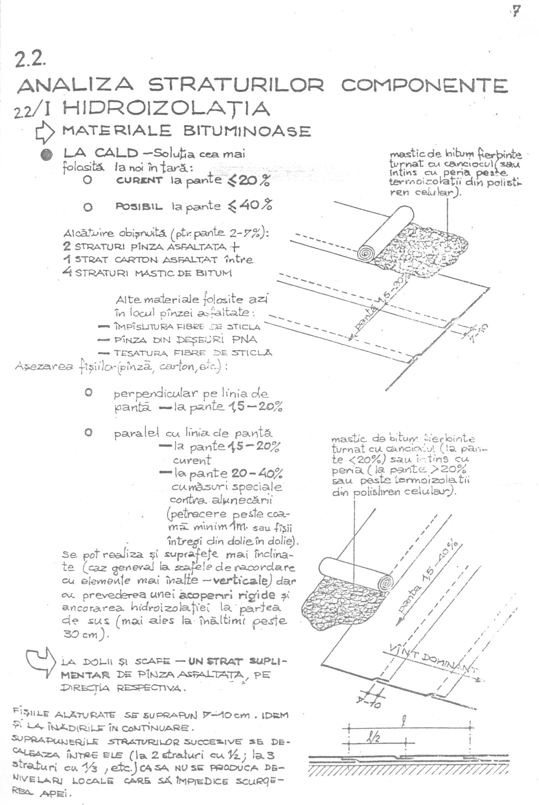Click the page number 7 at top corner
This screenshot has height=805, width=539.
tap(516, 12)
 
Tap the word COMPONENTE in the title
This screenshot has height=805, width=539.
tap(425, 85)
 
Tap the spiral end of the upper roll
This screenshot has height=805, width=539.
tap(366, 254)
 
